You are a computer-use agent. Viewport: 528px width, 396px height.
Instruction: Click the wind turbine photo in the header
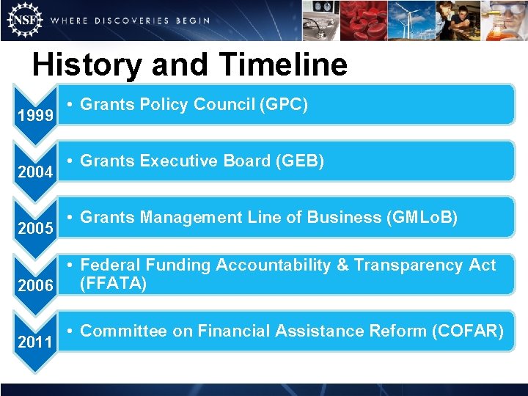(x=411, y=20)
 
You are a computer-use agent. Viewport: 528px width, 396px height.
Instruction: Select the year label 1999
(x=34, y=117)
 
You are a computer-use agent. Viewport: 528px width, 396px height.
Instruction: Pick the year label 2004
(x=34, y=173)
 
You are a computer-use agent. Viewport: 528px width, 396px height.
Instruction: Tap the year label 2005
(x=34, y=230)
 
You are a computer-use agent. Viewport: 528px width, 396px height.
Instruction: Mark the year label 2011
(x=34, y=342)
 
